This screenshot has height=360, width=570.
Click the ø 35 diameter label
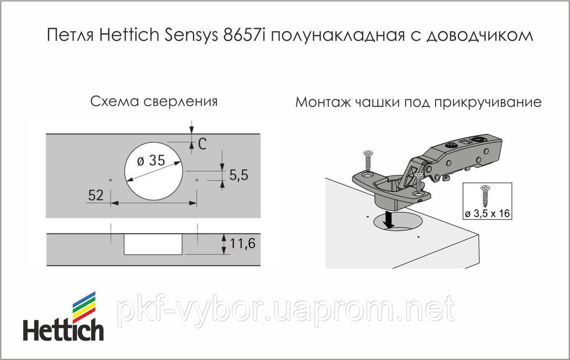(151, 160)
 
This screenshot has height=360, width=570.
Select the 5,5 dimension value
(239, 175)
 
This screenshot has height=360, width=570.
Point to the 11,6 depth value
(243, 244)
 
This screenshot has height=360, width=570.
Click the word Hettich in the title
(128, 36)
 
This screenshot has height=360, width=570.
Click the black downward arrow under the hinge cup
(390, 219)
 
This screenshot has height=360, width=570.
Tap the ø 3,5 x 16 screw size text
(487, 214)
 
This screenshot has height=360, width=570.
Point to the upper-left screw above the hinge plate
(368, 160)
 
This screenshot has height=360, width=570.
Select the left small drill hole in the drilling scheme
(110, 180)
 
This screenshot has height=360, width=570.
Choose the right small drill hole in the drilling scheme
(197, 180)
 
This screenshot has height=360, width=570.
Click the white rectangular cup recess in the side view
(153, 244)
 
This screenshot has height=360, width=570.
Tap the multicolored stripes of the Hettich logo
(84, 306)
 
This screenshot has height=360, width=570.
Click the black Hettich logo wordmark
(63, 331)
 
